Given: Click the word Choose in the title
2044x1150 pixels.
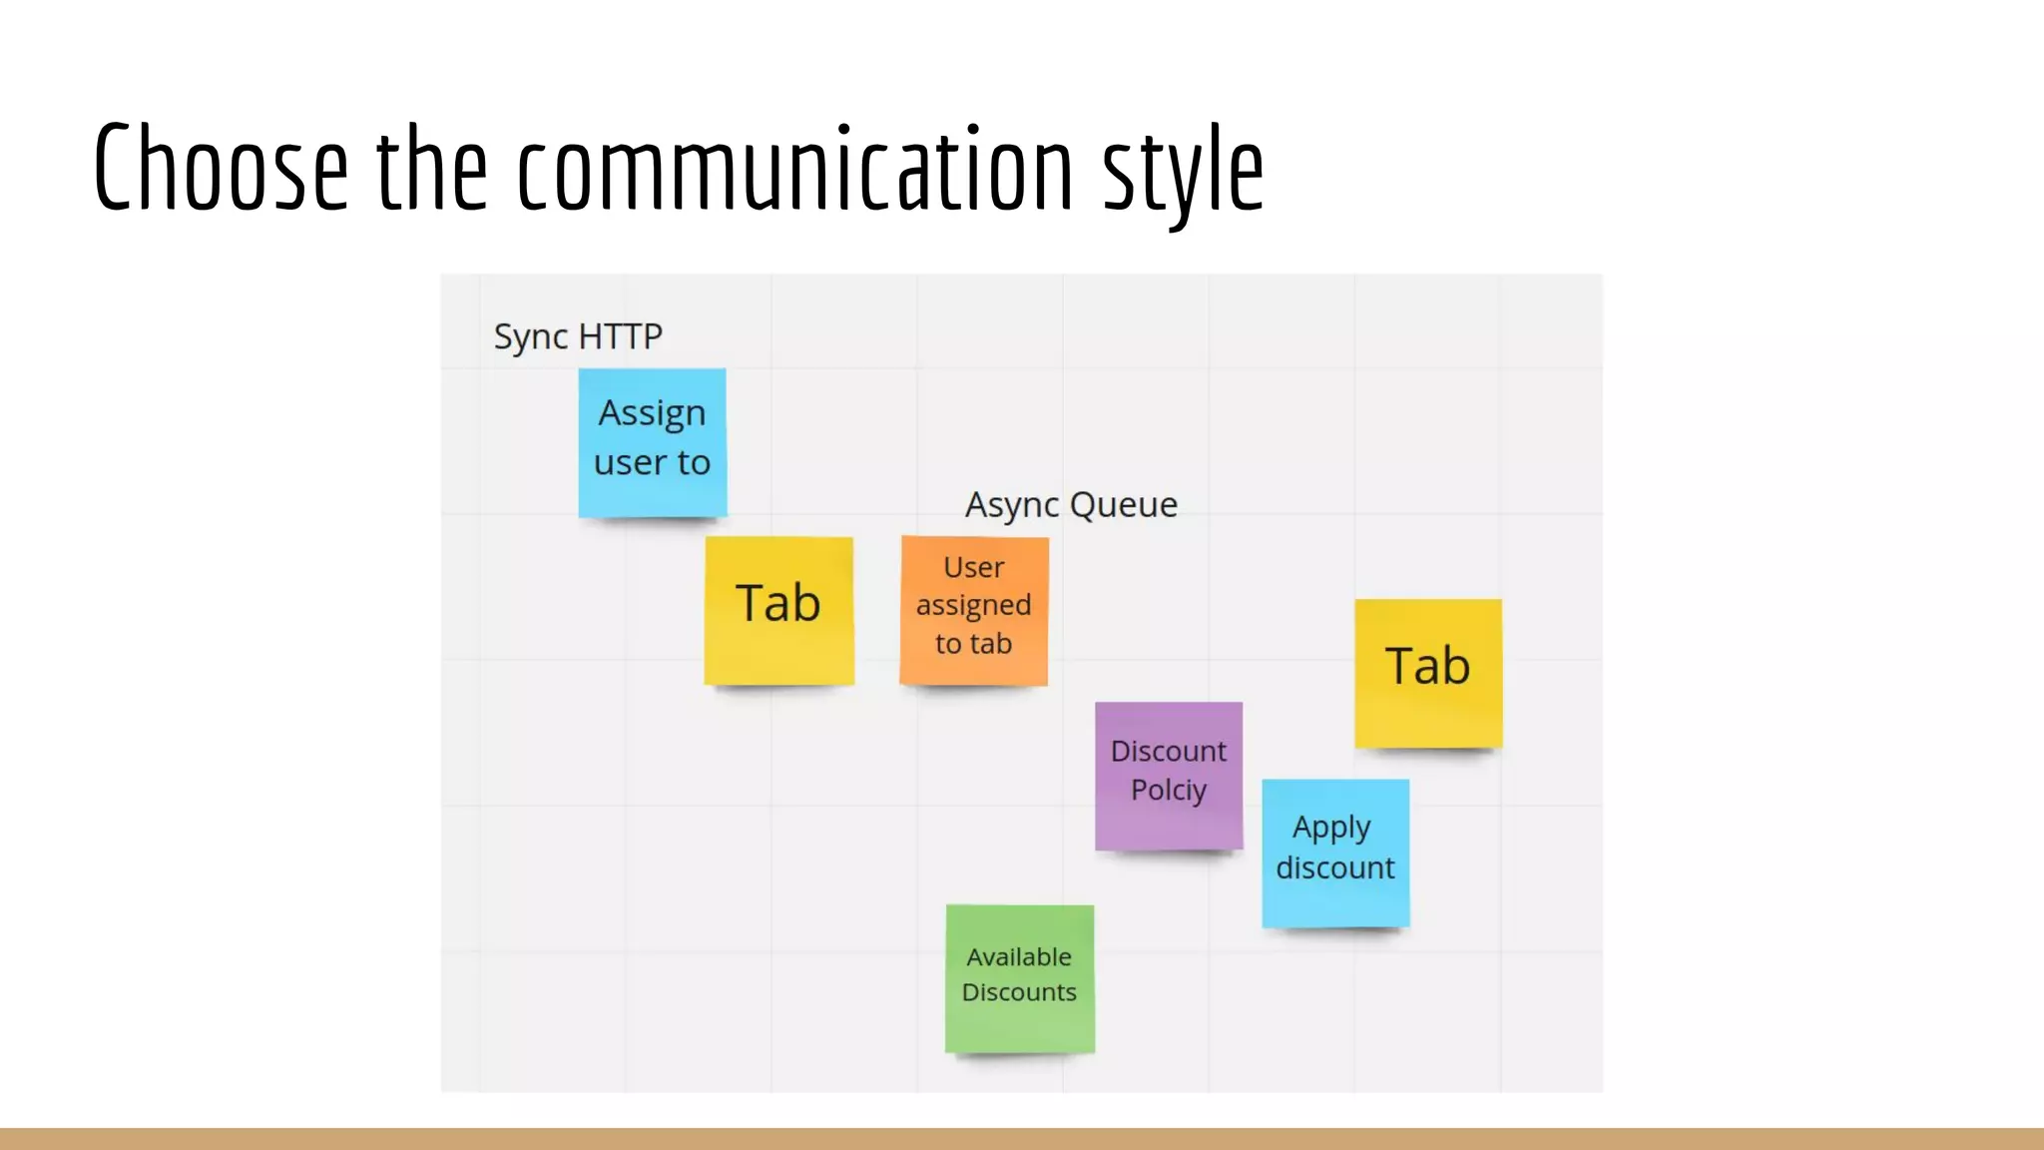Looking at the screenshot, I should [221, 167].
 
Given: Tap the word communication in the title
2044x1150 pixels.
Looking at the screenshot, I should [794, 167].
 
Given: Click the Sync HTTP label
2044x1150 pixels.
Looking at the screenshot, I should [578, 336].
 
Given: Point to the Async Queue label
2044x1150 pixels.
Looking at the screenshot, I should [1071, 505].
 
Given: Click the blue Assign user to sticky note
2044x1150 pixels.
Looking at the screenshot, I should [653, 442].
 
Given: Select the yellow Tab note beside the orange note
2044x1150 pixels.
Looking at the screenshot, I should [778, 610].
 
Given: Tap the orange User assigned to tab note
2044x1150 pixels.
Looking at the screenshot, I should [974, 610].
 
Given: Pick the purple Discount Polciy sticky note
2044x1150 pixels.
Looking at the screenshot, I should [1169, 776].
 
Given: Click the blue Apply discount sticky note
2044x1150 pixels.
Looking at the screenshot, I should [1335, 853].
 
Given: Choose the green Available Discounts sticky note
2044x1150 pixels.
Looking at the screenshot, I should [1019, 978].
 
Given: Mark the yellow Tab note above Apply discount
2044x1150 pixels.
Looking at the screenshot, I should [1428, 673].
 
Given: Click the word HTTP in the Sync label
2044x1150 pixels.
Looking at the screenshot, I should [620, 336].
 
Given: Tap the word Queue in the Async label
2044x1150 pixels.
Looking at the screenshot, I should [1124, 505].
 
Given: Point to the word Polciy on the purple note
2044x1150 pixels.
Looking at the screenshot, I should [1169, 791].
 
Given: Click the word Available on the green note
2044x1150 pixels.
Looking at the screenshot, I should [1019, 957].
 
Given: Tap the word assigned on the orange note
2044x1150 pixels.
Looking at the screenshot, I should [974, 606].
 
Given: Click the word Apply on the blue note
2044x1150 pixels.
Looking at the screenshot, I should [1331, 829].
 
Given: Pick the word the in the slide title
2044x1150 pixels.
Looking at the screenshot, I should [432, 167].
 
